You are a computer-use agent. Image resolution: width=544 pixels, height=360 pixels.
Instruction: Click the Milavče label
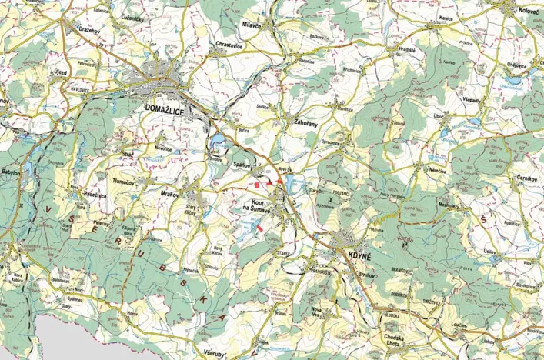251,25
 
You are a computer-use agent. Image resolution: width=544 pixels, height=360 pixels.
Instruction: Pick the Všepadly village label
472,102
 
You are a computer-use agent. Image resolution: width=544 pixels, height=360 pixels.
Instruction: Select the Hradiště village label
407,48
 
